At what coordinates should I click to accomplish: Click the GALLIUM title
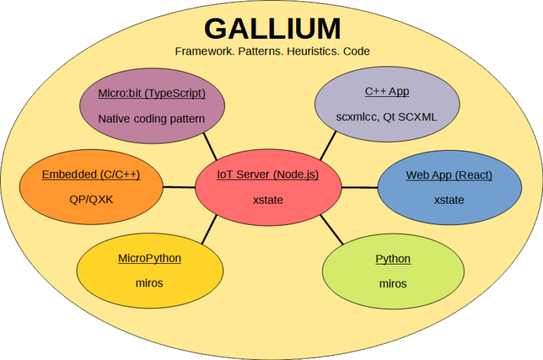coord(272,28)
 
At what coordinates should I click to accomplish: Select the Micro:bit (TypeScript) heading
coord(151,93)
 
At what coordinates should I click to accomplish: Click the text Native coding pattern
coord(151,119)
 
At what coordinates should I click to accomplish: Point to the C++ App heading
coord(387,91)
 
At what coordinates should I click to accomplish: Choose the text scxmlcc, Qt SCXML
coord(387,117)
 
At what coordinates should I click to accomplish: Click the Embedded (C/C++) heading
coord(91,175)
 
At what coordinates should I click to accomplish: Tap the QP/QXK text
coord(91,199)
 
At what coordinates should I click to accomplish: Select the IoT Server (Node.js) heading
coord(267,175)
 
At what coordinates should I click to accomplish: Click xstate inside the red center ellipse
coord(267,200)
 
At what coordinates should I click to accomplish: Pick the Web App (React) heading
coord(449,175)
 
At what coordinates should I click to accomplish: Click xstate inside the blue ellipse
coord(449,200)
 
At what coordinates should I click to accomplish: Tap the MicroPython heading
coord(149,258)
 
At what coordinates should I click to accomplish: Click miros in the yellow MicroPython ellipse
coord(149,283)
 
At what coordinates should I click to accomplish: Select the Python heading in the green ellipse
coord(393,258)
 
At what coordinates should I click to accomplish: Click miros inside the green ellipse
coord(393,284)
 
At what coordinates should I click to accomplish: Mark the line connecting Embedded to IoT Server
coord(179,187)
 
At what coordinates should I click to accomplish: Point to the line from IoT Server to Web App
coord(358,187)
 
